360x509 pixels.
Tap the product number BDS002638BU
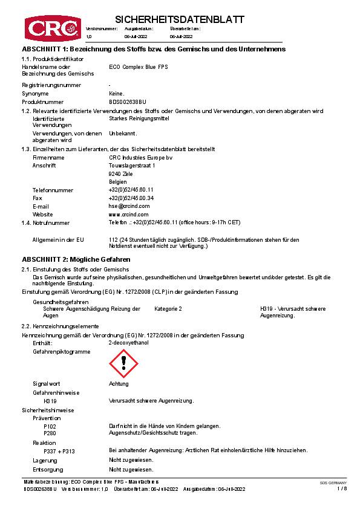(x=127, y=102)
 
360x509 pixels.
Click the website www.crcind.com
(x=128, y=214)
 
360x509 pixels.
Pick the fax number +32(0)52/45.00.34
(x=131, y=198)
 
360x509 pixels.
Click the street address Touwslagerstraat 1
(x=131, y=165)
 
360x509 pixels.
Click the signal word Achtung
(x=119, y=384)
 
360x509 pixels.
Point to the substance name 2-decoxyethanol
(x=128, y=343)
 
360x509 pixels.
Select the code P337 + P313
(x=59, y=451)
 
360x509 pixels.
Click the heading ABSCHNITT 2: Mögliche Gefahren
(x=76, y=259)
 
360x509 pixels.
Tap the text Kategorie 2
(x=168, y=309)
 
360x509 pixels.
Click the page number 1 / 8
(x=342, y=488)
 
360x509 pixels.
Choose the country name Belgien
(x=118, y=181)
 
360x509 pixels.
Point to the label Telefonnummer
(x=53, y=190)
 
